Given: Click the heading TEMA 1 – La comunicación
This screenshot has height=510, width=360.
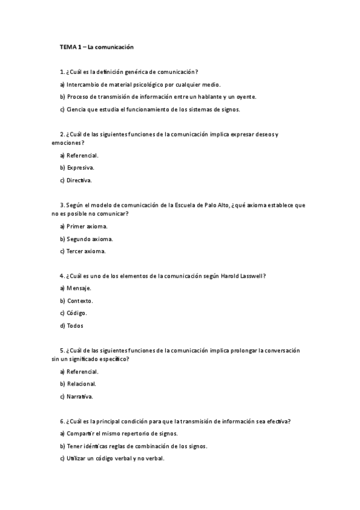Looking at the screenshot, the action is coord(96,46).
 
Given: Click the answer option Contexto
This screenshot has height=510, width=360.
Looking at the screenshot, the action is coord(80,301).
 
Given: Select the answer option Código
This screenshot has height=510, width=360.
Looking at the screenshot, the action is coord(77,313).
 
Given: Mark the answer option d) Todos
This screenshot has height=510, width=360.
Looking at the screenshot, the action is coord(72,326).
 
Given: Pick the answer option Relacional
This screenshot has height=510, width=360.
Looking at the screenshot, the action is coord(81,384).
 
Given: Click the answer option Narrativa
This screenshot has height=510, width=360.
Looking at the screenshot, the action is coord(80,396).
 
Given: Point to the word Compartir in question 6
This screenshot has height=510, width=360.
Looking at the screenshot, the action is coord(81,434).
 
